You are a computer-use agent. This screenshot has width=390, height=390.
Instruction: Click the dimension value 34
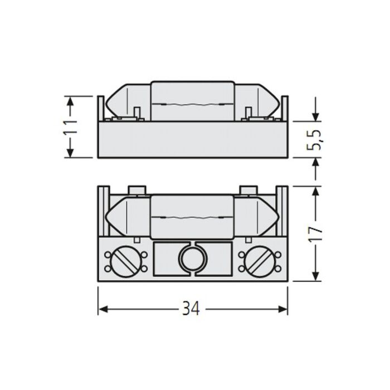tap(191, 309)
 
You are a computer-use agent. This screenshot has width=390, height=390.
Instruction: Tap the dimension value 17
tap(316, 233)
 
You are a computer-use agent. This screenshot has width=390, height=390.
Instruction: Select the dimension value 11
tap(71, 128)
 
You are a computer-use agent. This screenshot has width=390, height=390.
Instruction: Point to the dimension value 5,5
tap(314, 140)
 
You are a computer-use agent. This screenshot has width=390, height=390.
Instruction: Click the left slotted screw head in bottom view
tap(124, 262)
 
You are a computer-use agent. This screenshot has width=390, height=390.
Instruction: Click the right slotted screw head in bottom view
tap(260, 262)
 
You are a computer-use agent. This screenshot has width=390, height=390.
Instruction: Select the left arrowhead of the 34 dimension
tap(103, 309)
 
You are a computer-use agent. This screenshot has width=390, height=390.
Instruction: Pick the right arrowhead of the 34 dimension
tap(283, 309)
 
